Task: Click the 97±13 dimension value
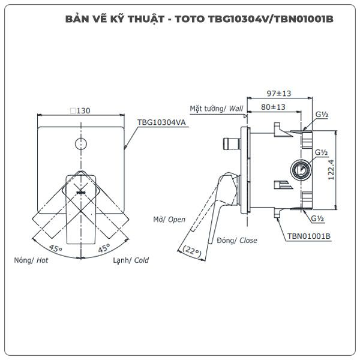279,94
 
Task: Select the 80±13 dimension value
273,107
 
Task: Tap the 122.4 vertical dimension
331,170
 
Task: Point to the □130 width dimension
80,110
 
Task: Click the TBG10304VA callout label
161,122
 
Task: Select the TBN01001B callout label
309,236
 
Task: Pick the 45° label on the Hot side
55,248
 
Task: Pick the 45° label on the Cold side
104,248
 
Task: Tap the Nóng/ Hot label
31,260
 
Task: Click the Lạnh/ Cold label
131,260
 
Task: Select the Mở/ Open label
169,220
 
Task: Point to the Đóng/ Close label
237,241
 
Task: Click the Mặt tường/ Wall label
216,109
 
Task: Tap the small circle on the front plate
81,144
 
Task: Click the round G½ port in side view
301,170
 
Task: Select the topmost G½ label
322,115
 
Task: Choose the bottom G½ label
317,218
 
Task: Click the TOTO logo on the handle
81,193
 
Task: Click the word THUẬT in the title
146,19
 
